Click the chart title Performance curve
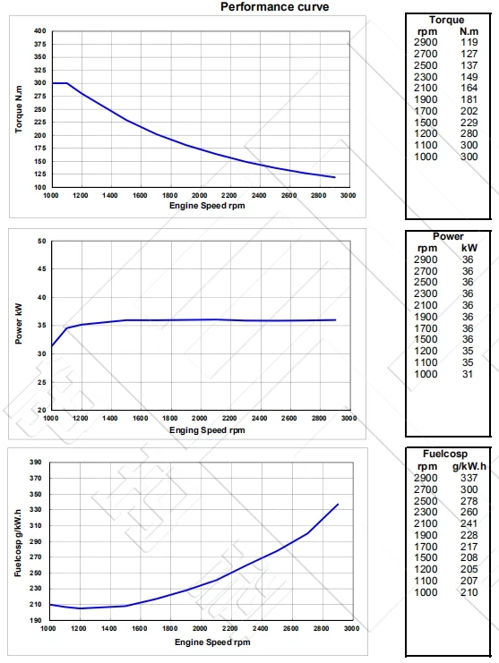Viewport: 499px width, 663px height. click(x=274, y=7)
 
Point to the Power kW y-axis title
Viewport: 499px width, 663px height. click(x=19, y=326)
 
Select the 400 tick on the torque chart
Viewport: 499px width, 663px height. click(x=39, y=31)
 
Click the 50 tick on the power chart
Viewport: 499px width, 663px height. click(x=42, y=241)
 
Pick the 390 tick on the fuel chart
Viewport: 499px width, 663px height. click(x=37, y=463)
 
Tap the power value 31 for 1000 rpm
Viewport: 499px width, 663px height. click(x=468, y=373)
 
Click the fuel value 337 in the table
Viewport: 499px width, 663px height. click(x=469, y=478)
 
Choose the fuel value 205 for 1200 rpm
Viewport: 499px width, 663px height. click(x=469, y=569)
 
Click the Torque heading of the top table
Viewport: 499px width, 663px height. click(x=447, y=20)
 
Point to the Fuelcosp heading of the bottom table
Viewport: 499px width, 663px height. click(x=449, y=455)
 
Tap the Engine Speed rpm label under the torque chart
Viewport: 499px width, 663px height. click(x=206, y=206)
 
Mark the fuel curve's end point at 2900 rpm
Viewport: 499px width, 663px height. click(x=338, y=505)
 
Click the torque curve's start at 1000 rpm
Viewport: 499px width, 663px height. click(x=52, y=83)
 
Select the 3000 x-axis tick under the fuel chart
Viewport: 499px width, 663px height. click(x=349, y=629)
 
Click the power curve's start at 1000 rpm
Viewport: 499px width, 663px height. click(x=52, y=346)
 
